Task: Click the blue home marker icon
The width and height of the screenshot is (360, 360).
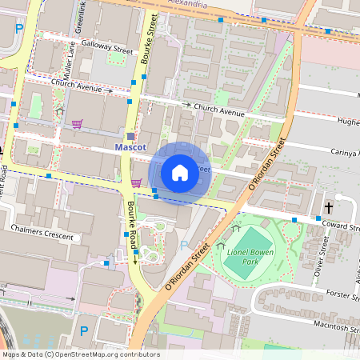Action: click(x=180, y=172)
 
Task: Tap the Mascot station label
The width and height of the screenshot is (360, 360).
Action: click(x=130, y=148)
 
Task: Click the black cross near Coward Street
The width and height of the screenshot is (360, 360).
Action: click(x=328, y=208)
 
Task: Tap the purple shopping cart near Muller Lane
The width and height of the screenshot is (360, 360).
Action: click(x=78, y=123)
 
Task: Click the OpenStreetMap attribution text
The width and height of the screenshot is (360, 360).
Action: click(x=80, y=354)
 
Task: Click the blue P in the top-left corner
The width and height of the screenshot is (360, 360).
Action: click(x=18, y=28)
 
